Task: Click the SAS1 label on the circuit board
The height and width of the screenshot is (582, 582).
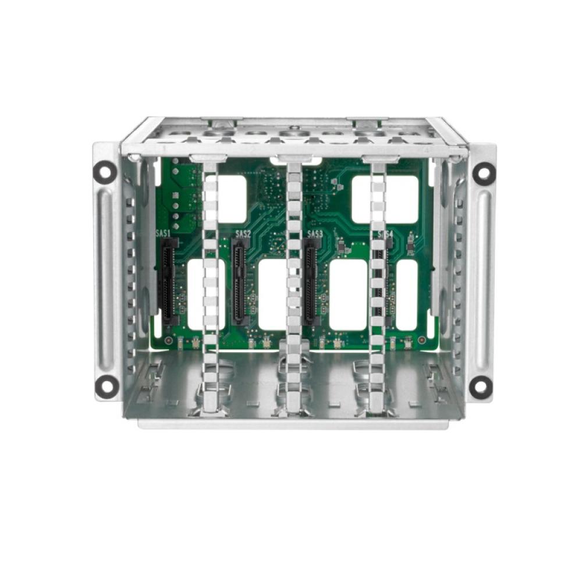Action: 164,233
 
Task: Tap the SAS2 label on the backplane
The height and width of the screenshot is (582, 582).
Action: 243,233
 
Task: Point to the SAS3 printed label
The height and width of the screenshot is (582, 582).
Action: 314,233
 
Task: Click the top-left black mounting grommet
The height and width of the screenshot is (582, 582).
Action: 105,171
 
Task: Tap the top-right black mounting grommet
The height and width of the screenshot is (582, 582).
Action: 482,171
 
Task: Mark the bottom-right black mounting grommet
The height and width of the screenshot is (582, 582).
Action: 481,386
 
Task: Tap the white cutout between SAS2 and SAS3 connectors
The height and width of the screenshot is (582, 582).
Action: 272,294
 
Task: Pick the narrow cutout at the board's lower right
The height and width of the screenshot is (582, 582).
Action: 407,294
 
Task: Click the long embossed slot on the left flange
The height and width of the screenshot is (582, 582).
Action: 107,279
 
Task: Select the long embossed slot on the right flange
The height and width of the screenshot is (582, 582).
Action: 482,279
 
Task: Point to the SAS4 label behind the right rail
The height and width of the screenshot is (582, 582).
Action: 386,234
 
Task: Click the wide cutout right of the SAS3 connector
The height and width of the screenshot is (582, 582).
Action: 348,294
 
